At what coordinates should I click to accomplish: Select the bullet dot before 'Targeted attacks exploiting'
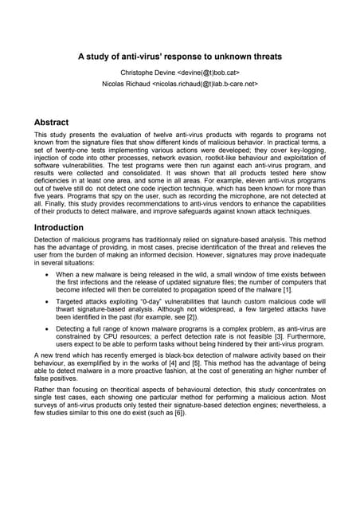pos(49,327)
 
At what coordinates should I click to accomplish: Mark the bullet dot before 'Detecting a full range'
pos(49,359)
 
